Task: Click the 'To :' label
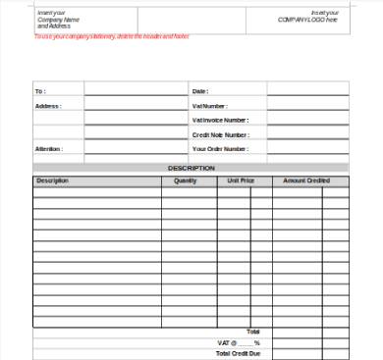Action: click(39, 91)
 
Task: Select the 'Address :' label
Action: click(48, 106)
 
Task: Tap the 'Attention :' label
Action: click(49, 149)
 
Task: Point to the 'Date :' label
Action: click(200, 91)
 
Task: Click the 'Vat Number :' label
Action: click(210, 106)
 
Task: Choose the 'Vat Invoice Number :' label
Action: click(220, 120)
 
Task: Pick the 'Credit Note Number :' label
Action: click(221, 134)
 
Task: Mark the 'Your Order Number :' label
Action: click(221, 149)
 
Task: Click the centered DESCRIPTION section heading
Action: click(191, 169)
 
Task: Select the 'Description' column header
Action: click(53, 180)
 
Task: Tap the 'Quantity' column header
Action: click(186, 180)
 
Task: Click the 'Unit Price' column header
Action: click(241, 180)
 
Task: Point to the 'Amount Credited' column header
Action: click(306, 180)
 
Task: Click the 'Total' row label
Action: click(253, 332)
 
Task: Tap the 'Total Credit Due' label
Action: click(238, 353)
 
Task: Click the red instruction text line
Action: click(111, 36)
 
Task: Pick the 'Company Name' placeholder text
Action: click(57, 19)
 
